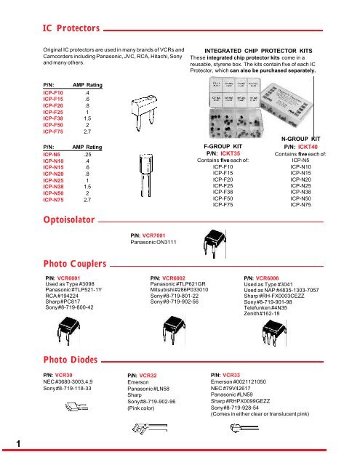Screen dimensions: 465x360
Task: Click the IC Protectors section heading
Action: [69, 28]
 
